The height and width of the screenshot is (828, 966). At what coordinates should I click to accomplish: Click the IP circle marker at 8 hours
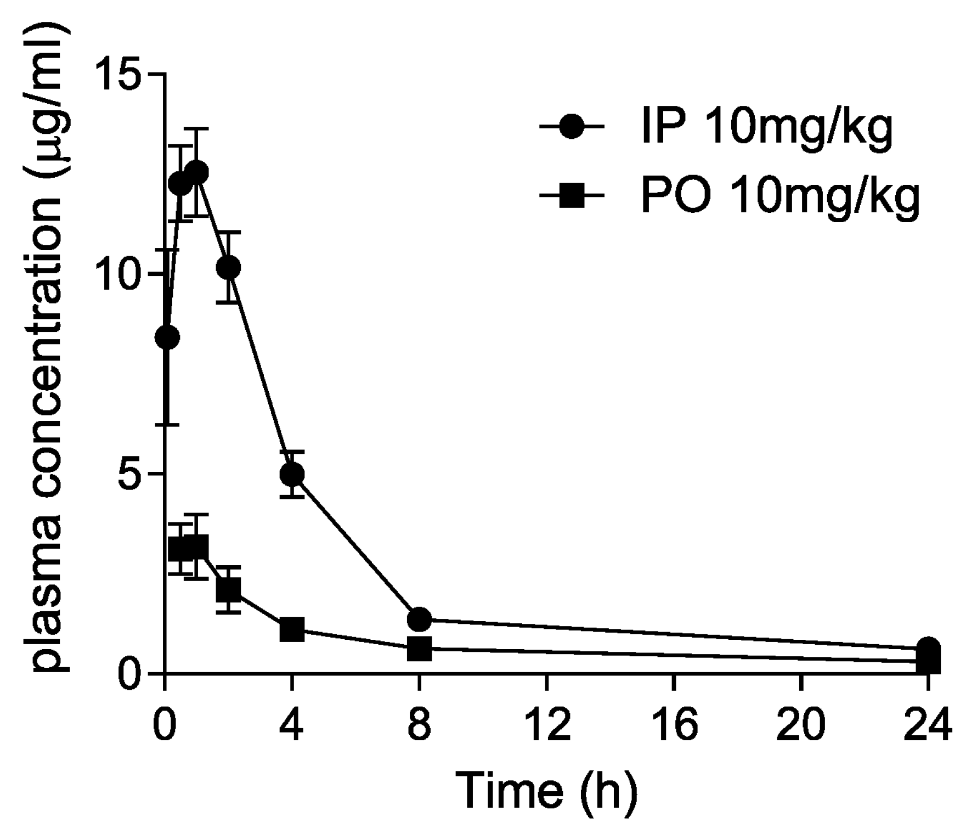pyautogui.click(x=419, y=619)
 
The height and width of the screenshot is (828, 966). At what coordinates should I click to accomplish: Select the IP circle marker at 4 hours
pyautogui.click(x=292, y=474)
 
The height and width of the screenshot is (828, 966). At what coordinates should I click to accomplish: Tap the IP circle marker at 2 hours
pyautogui.click(x=228, y=267)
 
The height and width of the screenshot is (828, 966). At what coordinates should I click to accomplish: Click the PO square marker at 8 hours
pyautogui.click(x=419, y=648)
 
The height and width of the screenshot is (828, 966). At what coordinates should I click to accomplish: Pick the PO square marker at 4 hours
pyautogui.click(x=292, y=629)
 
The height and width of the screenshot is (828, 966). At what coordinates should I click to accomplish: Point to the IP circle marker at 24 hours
pyautogui.click(x=928, y=648)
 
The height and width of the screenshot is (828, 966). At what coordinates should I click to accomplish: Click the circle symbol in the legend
pyautogui.click(x=572, y=127)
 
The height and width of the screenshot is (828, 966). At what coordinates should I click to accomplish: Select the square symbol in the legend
pyautogui.click(x=572, y=196)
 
